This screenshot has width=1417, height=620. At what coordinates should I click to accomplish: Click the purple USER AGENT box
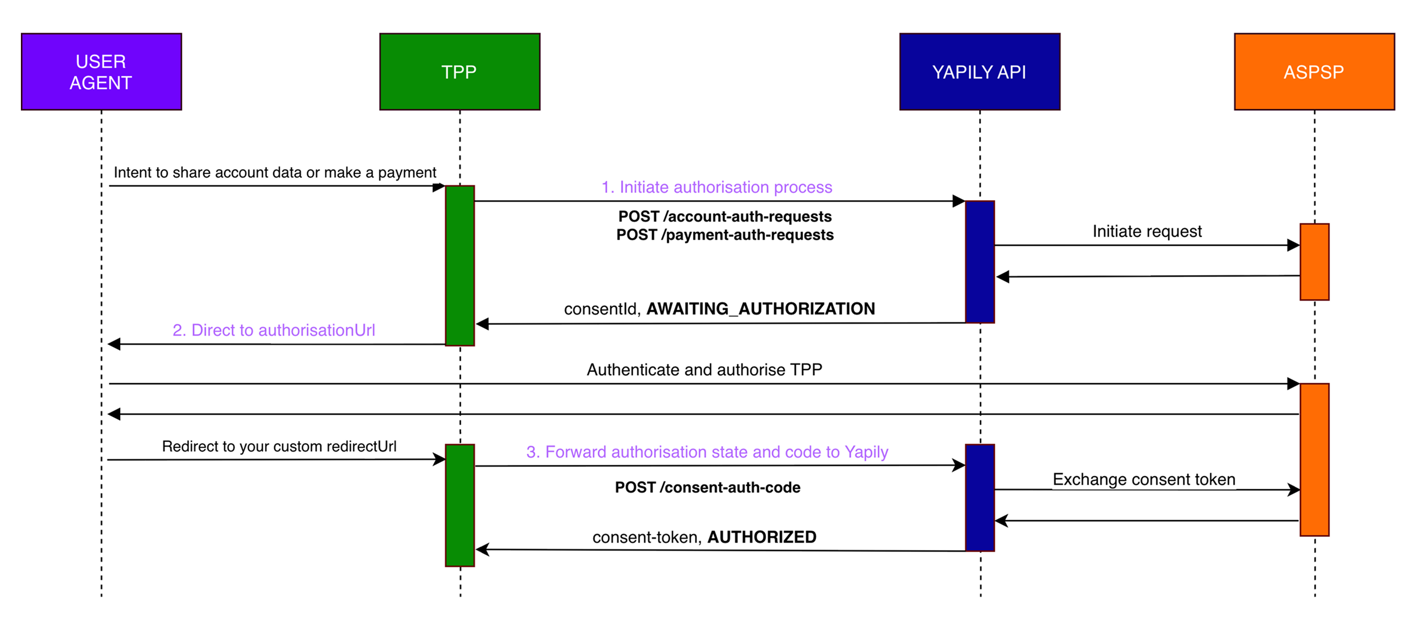coord(101,72)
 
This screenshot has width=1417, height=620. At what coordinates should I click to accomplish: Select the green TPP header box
coord(459,72)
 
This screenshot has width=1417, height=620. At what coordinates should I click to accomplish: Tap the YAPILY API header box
coord(979,72)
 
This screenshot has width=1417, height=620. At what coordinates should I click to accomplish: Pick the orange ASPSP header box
coord(1314,72)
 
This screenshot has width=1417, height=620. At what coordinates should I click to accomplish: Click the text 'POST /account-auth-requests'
coord(725,216)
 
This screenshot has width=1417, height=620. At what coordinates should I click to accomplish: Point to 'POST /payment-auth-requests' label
coord(725,235)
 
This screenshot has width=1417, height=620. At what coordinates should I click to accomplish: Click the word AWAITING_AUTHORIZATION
coord(760,308)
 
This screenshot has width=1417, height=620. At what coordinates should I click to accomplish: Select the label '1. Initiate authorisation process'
coord(716,187)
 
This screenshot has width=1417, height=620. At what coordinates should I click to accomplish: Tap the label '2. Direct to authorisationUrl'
coord(273,330)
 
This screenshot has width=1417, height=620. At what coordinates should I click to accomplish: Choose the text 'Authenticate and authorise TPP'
coord(704,370)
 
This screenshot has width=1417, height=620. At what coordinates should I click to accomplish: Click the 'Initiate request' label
coord(1147,231)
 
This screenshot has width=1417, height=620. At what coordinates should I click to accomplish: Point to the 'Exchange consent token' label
coord(1144,479)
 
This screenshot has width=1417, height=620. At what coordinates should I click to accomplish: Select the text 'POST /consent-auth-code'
coord(707,487)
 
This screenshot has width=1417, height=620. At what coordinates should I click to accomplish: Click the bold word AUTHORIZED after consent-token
coord(761,537)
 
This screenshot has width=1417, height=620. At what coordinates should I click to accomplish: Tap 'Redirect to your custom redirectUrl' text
coord(279,446)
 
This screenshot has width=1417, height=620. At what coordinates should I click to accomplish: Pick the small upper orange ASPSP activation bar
coord(1314,262)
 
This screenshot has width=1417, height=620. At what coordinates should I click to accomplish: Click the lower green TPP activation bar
coord(459,505)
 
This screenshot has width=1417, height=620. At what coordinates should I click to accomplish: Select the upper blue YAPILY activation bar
coord(980,262)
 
